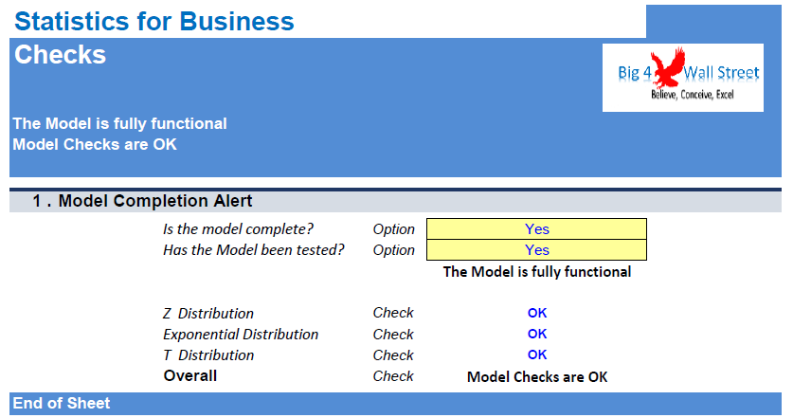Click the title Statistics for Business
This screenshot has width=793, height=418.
click(154, 21)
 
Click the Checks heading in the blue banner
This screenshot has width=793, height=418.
click(61, 55)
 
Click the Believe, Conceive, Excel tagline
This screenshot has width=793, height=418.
click(693, 95)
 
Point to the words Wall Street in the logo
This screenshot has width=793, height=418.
click(721, 73)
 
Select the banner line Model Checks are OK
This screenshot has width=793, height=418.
click(95, 144)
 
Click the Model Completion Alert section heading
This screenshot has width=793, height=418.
click(155, 201)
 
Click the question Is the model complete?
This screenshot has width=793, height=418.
click(238, 229)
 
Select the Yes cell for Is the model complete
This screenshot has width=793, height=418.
click(536, 228)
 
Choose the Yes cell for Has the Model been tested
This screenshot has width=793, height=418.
click(536, 250)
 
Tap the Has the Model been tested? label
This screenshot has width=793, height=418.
click(254, 250)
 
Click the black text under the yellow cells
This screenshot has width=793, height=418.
click(537, 272)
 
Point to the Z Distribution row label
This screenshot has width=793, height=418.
click(208, 314)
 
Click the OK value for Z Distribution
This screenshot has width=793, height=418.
click(537, 313)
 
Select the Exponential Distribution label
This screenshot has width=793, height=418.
click(241, 335)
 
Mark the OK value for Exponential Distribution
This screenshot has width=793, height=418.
click(537, 334)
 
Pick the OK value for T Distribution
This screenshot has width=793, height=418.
click(537, 354)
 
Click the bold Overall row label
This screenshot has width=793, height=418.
click(190, 376)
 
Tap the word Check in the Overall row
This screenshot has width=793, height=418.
click(393, 376)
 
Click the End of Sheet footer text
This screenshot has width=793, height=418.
click(62, 404)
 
